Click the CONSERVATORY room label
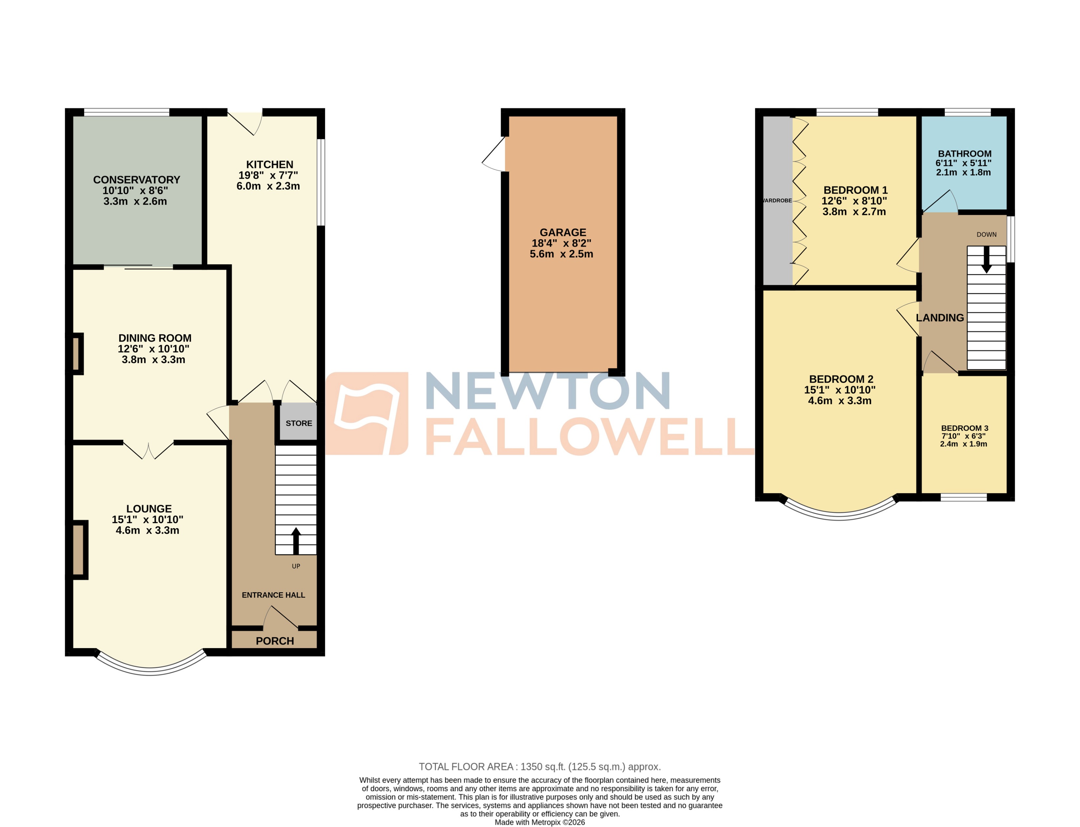(x=137, y=180)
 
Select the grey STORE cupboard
(x=298, y=422)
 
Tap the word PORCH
(x=275, y=641)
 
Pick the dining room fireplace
(x=76, y=353)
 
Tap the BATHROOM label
(x=964, y=154)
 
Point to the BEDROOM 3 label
(x=964, y=428)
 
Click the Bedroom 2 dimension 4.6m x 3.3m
(x=839, y=401)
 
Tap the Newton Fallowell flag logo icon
(x=367, y=413)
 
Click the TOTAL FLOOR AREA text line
(x=540, y=767)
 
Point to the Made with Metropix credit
(x=540, y=822)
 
